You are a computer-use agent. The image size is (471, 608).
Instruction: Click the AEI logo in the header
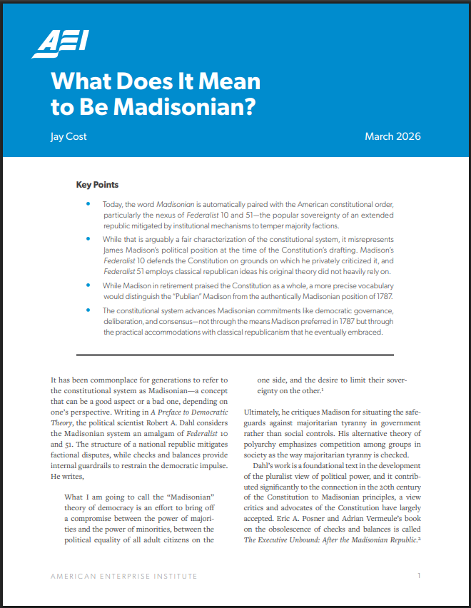click(60, 44)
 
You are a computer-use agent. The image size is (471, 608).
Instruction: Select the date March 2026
click(392, 136)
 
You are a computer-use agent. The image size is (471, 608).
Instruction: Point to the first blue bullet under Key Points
click(88, 204)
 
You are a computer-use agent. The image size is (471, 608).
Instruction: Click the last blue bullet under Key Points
click(88, 310)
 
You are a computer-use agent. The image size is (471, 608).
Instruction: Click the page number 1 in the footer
click(420, 575)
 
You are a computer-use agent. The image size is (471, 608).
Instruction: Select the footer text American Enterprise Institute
click(123, 575)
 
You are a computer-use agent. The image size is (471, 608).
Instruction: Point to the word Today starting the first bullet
click(115, 204)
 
